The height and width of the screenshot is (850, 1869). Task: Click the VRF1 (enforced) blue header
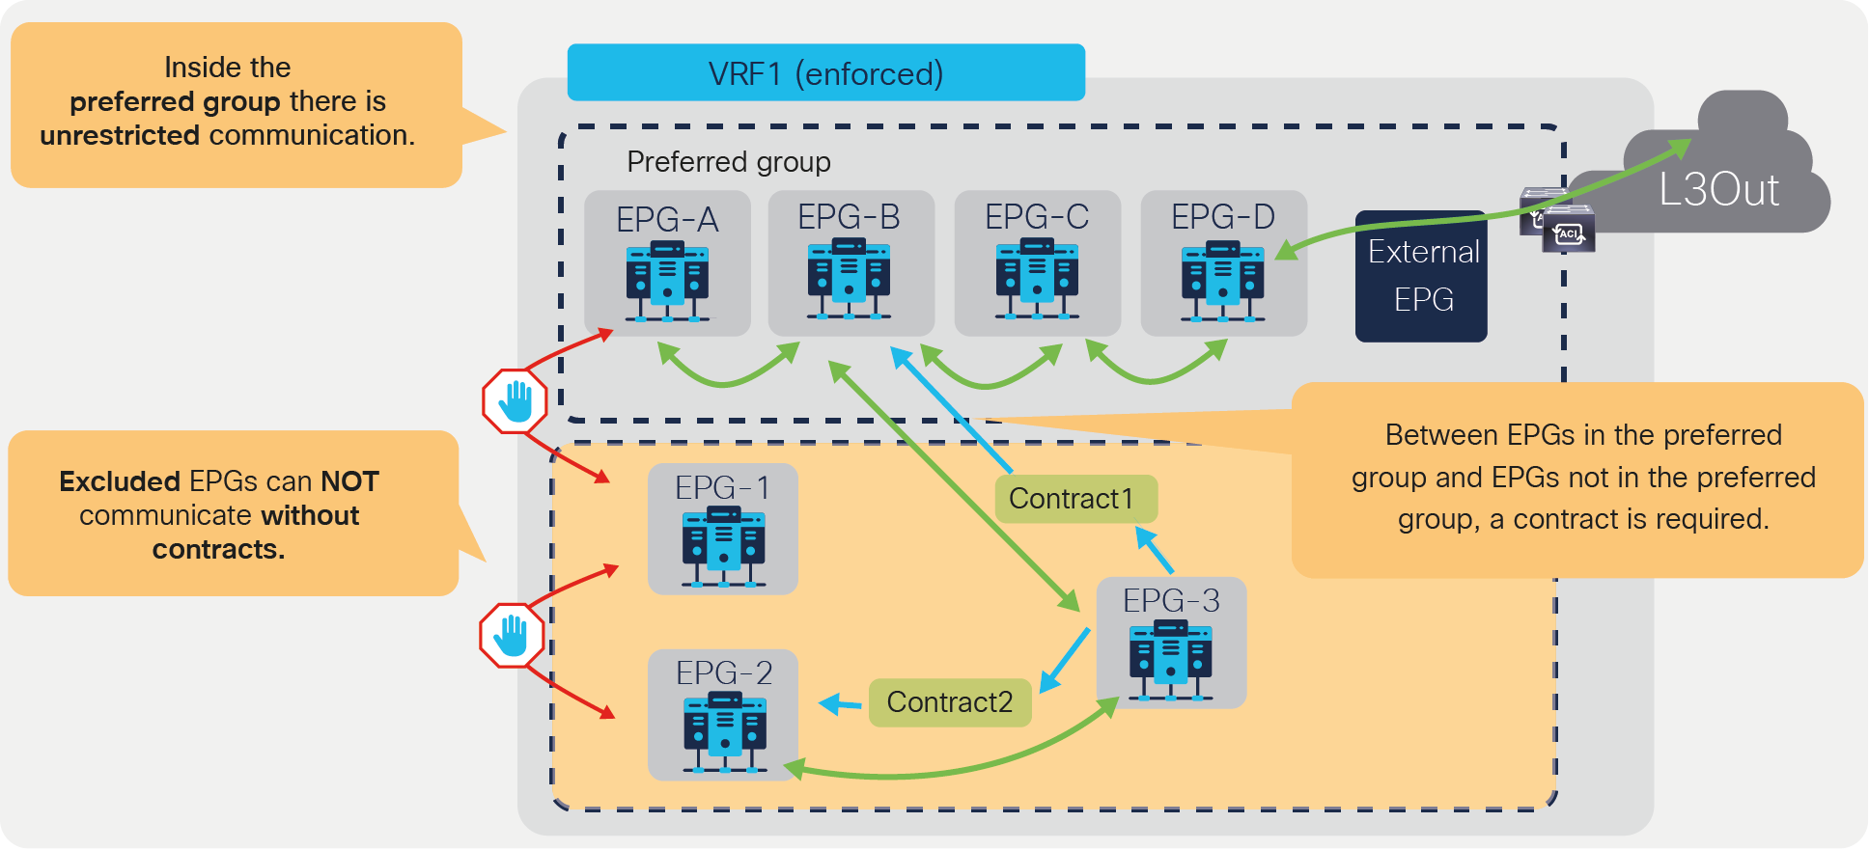[x=825, y=72]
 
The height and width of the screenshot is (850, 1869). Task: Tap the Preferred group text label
[x=728, y=161]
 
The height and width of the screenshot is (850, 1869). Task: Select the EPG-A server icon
[x=667, y=281]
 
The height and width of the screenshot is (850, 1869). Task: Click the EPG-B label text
[x=849, y=217]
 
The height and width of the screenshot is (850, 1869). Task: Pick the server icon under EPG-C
[x=1037, y=279]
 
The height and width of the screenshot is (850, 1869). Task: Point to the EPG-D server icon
[x=1222, y=280]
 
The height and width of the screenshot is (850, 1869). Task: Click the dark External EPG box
[x=1421, y=276]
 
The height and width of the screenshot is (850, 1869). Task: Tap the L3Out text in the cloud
[x=1717, y=190]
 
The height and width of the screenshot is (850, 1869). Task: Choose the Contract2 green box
[x=950, y=701]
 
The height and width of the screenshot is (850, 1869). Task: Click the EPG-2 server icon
[x=724, y=734]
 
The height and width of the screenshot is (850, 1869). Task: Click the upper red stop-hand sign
[x=516, y=401]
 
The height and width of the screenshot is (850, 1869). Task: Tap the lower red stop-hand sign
[x=512, y=635]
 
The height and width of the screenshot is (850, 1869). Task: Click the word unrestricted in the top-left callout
[x=120, y=135]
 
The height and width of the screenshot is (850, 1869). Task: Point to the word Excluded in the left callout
[x=120, y=481]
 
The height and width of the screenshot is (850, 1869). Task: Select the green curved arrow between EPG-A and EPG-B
[x=726, y=377]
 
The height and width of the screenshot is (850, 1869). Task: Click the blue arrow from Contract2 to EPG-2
[x=840, y=704]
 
